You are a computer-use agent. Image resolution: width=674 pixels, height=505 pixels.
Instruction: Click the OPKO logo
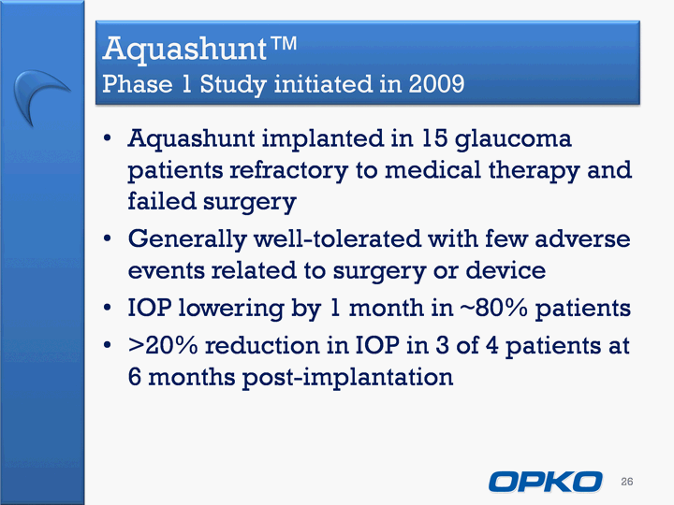pyautogui.click(x=545, y=482)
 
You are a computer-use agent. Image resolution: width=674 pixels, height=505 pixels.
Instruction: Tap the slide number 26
pyautogui.click(x=626, y=482)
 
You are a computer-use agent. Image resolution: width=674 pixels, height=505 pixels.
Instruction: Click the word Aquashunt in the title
pyautogui.click(x=185, y=50)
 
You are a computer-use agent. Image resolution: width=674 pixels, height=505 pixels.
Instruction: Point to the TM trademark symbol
pyautogui.click(x=284, y=43)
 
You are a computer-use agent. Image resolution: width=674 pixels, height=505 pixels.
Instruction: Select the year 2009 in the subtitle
pyautogui.click(x=436, y=83)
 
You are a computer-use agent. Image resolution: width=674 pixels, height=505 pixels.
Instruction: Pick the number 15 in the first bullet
pyautogui.click(x=434, y=138)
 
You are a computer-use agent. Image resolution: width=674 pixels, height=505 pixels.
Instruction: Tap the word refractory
pyautogui.click(x=288, y=171)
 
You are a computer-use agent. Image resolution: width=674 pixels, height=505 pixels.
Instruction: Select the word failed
pyautogui.click(x=162, y=200)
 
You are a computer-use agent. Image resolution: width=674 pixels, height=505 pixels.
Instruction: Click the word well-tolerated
pyautogui.click(x=337, y=238)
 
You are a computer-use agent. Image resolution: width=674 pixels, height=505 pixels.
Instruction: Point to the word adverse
pyautogui.click(x=582, y=238)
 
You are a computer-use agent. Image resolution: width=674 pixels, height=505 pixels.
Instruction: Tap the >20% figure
pyautogui.click(x=163, y=345)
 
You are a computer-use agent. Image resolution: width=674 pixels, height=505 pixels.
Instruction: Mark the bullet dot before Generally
pyautogui.click(x=108, y=238)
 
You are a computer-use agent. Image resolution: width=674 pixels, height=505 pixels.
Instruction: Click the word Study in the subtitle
pyautogui.click(x=233, y=84)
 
